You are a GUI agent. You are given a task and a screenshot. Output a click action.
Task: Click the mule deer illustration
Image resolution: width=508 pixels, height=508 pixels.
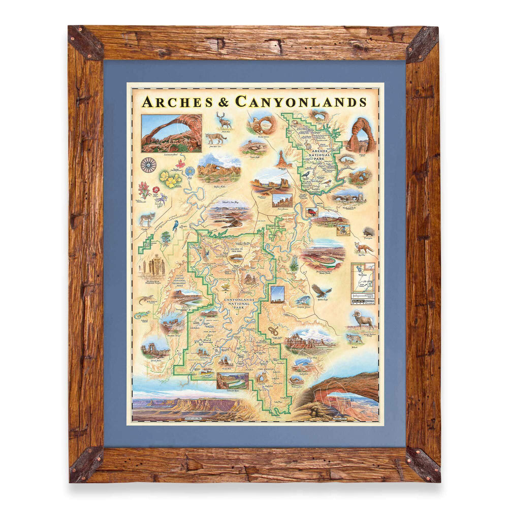point(223,120)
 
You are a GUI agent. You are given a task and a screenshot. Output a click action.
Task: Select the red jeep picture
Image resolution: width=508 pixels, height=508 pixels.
point(312,211)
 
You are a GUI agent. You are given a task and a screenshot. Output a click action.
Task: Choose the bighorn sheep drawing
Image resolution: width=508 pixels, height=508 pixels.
point(364,319)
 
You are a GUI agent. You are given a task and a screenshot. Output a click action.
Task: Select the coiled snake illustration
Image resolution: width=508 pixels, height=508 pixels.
point(273,331)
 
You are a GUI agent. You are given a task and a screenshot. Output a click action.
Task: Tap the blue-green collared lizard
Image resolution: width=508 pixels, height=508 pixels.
point(142,315)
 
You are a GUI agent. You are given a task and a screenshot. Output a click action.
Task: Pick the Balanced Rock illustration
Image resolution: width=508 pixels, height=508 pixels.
point(280,159)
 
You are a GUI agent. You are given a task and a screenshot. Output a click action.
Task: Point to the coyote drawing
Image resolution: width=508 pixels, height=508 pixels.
point(147,219)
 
